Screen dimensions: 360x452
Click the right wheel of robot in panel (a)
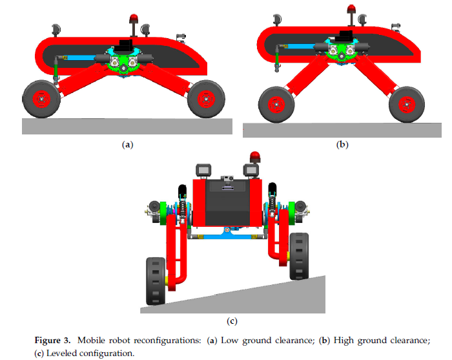click(x=206, y=98)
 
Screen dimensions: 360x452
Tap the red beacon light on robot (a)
click(x=135, y=17)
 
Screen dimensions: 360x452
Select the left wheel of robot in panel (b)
click(x=276, y=103)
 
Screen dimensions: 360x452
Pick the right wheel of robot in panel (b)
click(x=406, y=103)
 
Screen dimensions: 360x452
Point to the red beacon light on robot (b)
click(x=353, y=9)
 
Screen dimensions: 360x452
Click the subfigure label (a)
click(x=127, y=145)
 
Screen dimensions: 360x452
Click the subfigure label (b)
click(x=342, y=145)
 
